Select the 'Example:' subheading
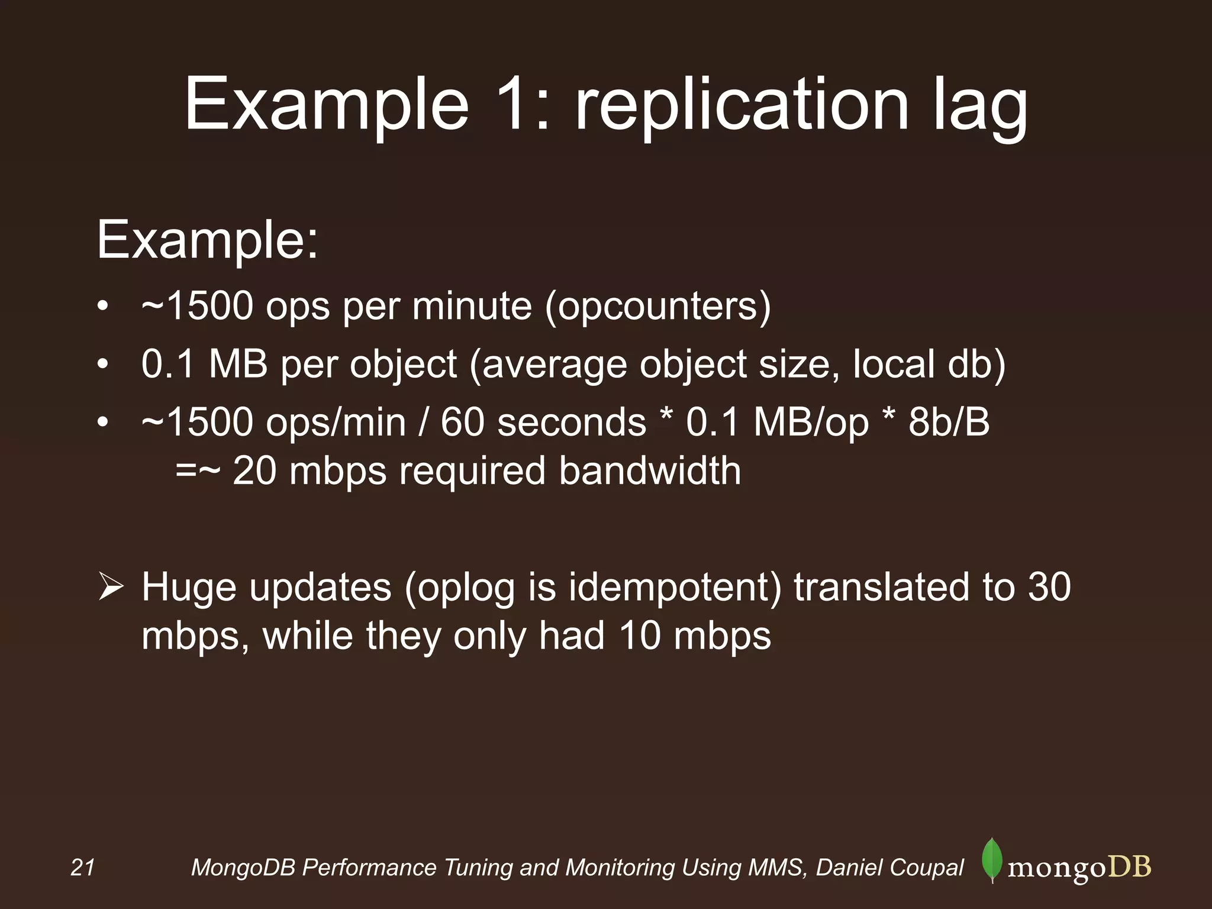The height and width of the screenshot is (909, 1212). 207,240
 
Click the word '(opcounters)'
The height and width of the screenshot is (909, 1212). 657,307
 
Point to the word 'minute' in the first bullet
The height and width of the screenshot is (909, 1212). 472,307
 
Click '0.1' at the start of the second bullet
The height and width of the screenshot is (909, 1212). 167,363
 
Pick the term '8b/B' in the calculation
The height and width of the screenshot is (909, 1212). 949,422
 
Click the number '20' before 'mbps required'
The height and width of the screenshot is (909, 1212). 254,471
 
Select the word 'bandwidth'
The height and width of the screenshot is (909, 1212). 649,471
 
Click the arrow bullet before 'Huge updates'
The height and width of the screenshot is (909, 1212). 110,588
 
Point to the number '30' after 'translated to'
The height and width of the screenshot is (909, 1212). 1049,586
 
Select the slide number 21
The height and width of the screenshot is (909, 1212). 82,868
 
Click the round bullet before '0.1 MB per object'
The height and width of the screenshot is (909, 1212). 103,365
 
